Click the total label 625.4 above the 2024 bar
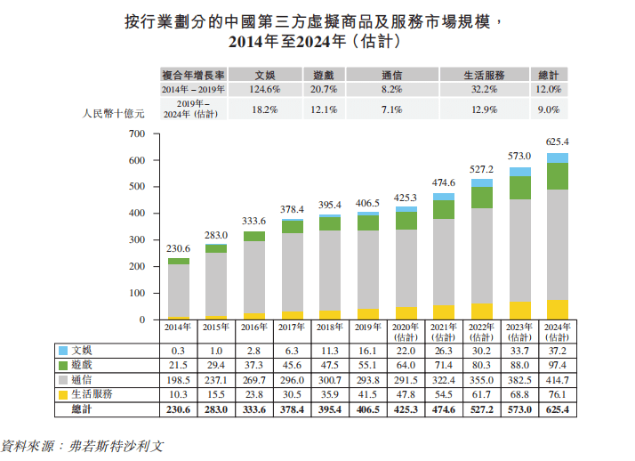(x=558, y=142)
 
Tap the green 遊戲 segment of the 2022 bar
(x=482, y=197)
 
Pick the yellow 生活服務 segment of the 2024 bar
(x=558, y=310)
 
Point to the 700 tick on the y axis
(x=136, y=134)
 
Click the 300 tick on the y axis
(x=136, y=240)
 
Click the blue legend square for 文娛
(x=63, y=351)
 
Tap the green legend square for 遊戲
(x=63, y=366)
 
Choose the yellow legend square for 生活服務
(x=63, y=394)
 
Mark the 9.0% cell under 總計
(x=548, y=109)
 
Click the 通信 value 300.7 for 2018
(x=329, y=380)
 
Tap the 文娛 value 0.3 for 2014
(x=179, y=351)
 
